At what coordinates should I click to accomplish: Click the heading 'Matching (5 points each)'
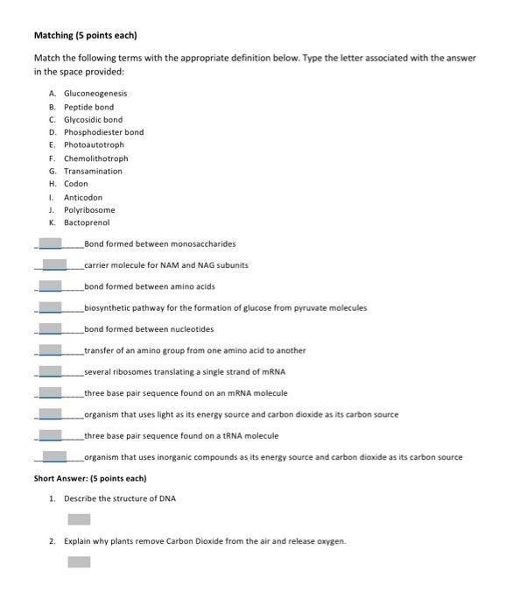click(85, 36)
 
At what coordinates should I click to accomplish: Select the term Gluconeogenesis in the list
click(95, 94)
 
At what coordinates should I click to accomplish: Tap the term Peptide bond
click(88, 107)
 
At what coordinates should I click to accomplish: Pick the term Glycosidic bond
click(93, 120)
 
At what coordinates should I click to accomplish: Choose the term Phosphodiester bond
click(103, 132)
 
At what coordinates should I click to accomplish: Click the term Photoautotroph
click(94, 145)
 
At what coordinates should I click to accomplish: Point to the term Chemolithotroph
click(95, 159)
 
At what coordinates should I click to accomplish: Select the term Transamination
click(93, 172)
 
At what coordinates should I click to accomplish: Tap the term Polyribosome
click(89, 210)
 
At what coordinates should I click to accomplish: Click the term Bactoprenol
click(87, 223)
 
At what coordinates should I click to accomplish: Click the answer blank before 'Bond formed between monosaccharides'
click(51, 243)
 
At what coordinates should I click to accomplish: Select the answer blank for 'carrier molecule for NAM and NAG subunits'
click(54, 264)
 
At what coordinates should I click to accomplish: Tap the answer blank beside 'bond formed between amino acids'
click(51, 286)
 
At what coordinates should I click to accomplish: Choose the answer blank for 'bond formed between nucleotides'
click(51, 329)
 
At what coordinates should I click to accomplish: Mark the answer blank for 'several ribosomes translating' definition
click(51, 371)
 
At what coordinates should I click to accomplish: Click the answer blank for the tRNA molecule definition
click(51, 435)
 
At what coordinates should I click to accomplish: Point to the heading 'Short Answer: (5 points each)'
click(89, 479)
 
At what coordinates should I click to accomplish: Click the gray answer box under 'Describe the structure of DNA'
click(80, 519)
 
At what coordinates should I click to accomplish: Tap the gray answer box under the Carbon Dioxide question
click(80, 561)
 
